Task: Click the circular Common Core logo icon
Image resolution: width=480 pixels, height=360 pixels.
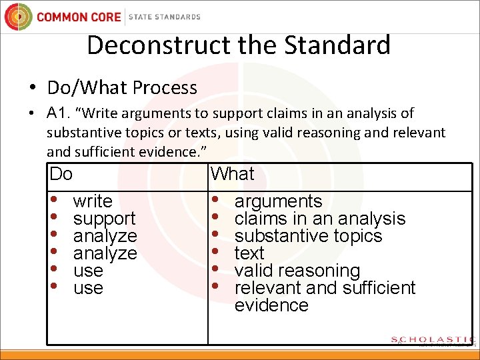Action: coord(19,17)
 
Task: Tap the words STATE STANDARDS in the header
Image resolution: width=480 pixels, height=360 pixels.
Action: coord(164,17)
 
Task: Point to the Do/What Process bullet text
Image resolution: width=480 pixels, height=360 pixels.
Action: coord(122,87)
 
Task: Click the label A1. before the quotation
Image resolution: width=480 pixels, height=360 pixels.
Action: coord(61,113)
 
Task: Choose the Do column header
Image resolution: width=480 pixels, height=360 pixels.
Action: coord(61,174)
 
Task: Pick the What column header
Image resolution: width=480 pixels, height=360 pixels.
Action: coord(233,174)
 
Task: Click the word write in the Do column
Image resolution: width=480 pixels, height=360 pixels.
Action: coord(93,201)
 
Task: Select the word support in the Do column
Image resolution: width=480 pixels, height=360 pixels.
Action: coord(104,219)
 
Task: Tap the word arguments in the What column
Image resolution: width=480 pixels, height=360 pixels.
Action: coord(278,201)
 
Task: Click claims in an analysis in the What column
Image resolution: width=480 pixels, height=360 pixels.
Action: coord(320,219)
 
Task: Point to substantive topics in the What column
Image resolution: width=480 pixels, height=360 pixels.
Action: coord(308,236)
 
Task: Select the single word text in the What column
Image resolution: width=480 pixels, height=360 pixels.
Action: coord(249,253)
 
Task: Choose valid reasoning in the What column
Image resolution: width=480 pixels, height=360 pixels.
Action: coord(297,271)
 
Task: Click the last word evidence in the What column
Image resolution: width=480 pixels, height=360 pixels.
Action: coord(271,305)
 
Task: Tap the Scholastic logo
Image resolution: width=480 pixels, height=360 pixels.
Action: coord(433,340)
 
